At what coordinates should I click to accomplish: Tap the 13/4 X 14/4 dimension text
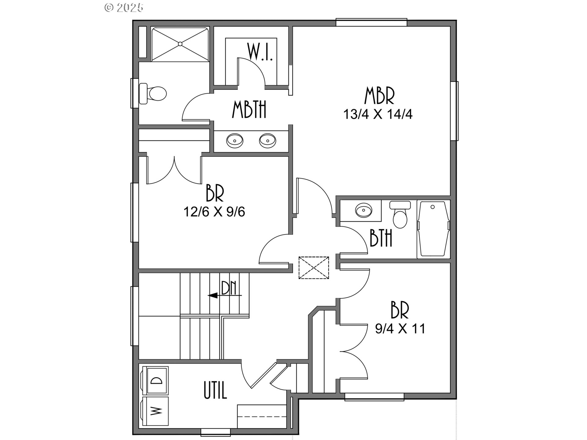click(378, 114)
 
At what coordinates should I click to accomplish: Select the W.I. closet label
click(260, 52)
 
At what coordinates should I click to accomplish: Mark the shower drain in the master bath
click(180, 44)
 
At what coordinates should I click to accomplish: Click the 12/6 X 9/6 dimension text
click(214, 211)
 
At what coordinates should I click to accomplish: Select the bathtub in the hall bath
click(433, 229)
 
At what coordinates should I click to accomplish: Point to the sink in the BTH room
click(364, 210)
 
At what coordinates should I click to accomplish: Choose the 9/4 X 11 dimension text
click(400, 329)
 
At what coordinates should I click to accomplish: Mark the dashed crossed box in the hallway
click(314, 268)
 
